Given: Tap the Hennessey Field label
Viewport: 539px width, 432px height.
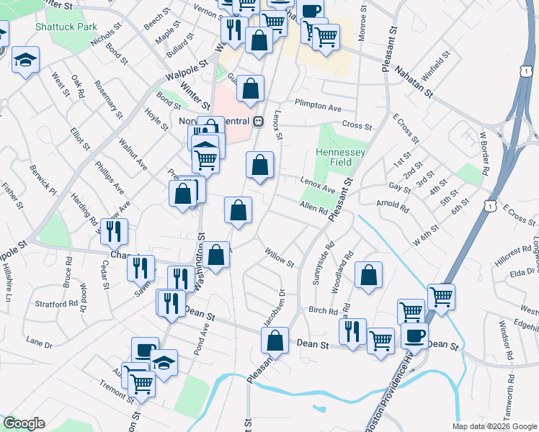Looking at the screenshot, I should pos(340,158).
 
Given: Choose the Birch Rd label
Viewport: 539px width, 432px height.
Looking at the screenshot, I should pos(323,311).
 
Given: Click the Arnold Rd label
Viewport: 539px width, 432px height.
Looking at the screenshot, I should pos(393,207).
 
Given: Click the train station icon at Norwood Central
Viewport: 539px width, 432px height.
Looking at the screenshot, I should pos(257,120).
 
